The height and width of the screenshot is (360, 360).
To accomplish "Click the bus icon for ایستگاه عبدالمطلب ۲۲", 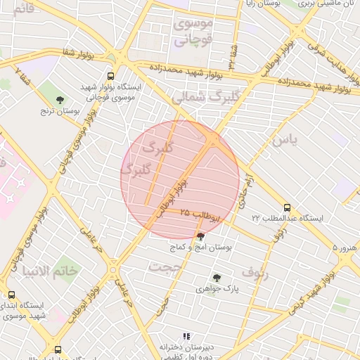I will (286, 207).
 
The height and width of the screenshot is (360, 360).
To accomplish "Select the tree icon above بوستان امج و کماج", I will (201, 237).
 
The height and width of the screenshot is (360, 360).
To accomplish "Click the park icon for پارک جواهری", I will (216, 278).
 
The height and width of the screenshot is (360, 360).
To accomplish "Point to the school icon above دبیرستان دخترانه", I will (186, 337).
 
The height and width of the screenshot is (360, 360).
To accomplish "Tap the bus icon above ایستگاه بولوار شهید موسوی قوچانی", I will (110, 76).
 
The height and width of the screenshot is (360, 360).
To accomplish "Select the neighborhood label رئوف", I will (255, 271).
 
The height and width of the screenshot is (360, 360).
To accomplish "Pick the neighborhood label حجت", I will (165, 266).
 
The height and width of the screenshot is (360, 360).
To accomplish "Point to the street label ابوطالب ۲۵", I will (200, 214).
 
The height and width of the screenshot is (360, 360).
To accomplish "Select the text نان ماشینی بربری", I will (330, 4).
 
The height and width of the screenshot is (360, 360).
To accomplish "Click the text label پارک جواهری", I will (217, 289).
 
